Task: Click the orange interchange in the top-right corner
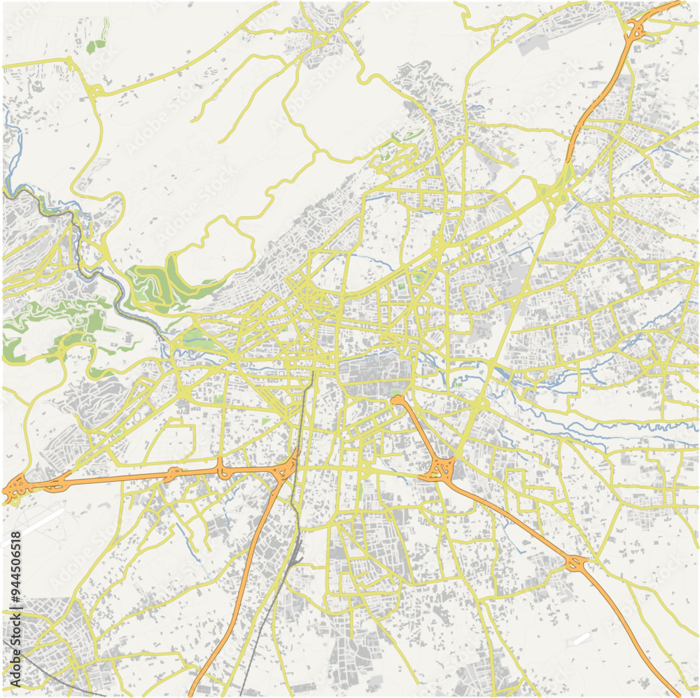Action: pyautogui.click(x=636, y=29)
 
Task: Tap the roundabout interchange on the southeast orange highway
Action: pyautogui.click(x=575, y=562)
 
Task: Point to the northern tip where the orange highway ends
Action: pyautogui.click(x=397, y=401)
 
